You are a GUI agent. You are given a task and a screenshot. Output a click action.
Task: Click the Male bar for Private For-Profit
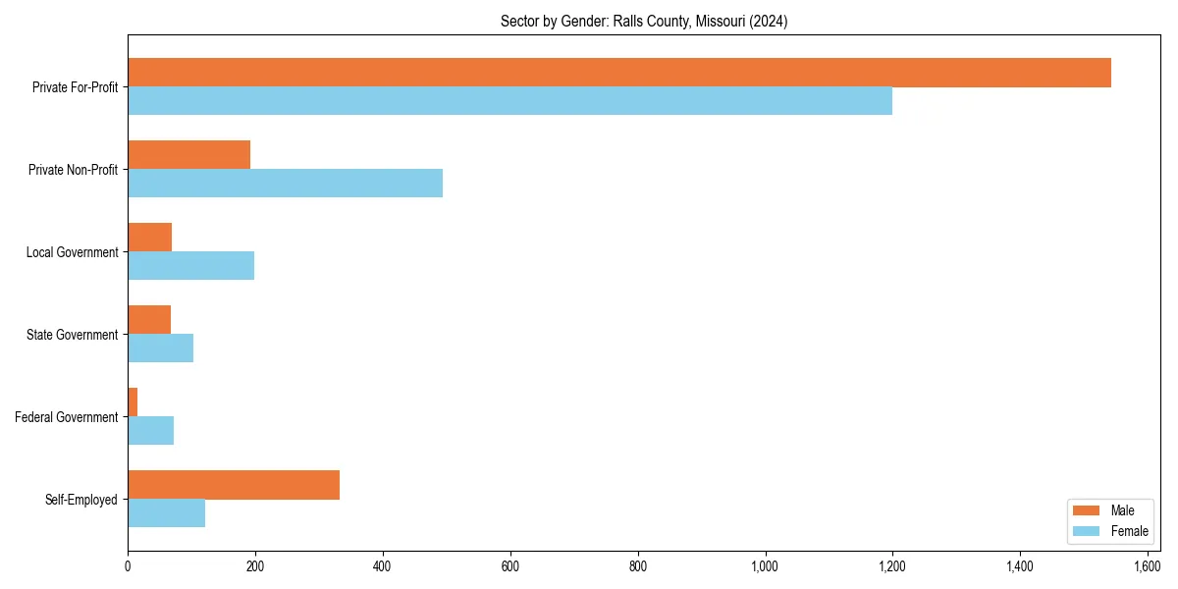click(619, 73)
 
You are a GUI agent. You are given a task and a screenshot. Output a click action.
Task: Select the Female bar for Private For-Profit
click(509, 101)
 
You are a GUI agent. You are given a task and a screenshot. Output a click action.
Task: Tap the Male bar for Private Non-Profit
click(188, 155)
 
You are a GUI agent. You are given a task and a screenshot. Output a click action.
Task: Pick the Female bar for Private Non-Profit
click(285, 184)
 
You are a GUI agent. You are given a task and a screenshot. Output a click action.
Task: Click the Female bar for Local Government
click(190, 266)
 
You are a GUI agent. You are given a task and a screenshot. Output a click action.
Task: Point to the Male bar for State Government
click(149, 320)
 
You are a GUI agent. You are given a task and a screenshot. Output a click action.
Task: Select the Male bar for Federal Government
click(133, 402)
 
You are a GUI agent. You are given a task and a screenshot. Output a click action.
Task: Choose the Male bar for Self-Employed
click(234, 485)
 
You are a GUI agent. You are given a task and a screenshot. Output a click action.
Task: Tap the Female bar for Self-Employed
click(166, 513)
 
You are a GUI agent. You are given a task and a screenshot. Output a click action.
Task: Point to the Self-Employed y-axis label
click(81, 500)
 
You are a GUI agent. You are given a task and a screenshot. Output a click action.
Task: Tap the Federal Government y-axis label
click(67, 417)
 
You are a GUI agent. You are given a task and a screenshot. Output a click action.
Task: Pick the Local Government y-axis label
click(73, 252)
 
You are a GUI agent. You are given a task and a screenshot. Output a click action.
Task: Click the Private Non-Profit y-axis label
click(74, 170)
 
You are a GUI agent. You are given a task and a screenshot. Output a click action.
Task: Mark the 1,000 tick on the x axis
click(765, 566)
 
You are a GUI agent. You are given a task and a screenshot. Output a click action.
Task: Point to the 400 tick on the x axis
click(383, 566)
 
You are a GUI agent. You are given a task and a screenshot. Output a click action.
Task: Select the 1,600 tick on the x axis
click(1148, 566)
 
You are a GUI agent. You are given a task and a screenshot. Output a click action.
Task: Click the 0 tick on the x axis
click(128, 566)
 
